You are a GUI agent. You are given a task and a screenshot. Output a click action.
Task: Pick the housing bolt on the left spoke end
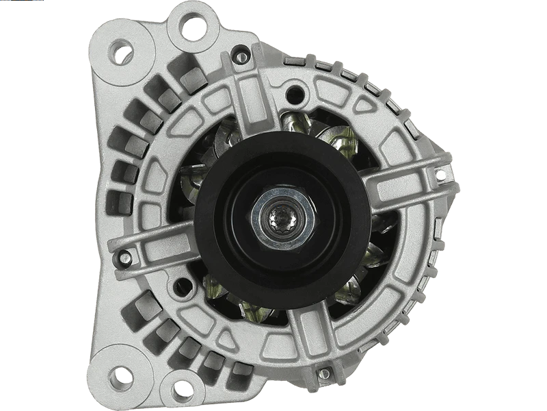point(126,258)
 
